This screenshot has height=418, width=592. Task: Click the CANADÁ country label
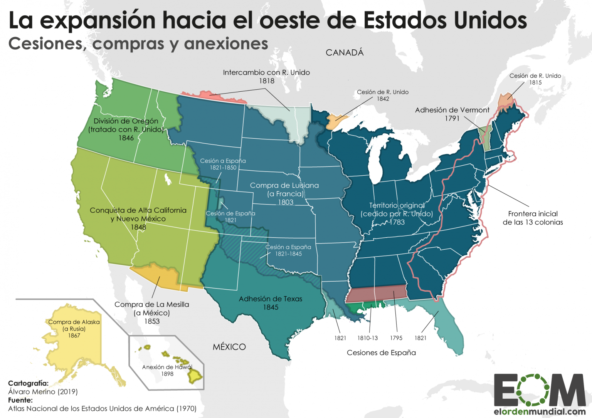tap(345, 53)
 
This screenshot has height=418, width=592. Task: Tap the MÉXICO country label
tap(229, 347)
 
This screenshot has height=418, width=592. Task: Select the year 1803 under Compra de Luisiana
tap(286, 202)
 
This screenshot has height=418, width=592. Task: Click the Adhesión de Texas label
tap(270, 299)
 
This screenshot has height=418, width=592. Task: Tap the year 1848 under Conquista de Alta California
tap(138, 227)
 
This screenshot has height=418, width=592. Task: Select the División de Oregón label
tap(126, 121)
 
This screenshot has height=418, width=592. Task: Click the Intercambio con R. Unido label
tap(266, 72)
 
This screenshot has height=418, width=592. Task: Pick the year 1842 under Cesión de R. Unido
tap(383, 99)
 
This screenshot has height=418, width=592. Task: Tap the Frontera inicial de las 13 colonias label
tap(533, 218)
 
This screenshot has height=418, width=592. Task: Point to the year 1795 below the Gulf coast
tap(396, 338)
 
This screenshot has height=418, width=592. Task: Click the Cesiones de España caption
tap(381, 353)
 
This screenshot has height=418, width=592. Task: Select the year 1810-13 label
tap(367, 338)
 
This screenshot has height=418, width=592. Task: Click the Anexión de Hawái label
tap(167, 367)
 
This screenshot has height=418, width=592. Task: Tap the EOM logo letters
tap(539, 390)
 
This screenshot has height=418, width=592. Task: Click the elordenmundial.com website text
tap(539, 411)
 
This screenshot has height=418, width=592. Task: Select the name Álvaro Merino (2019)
tap(43, 392)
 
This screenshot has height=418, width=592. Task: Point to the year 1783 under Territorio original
tap(397, 222)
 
